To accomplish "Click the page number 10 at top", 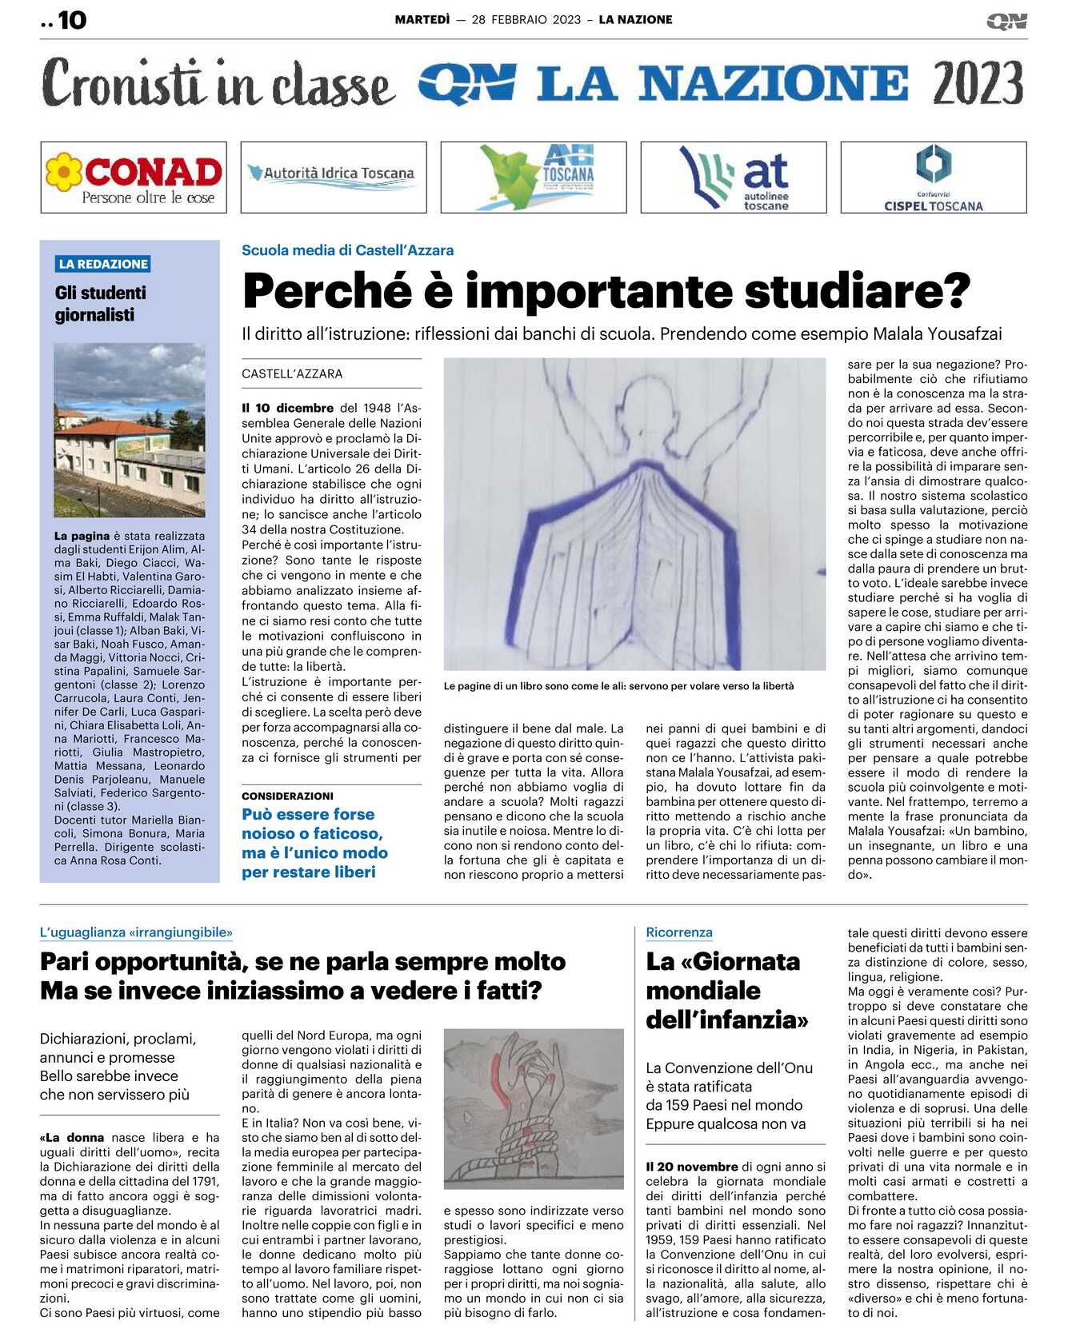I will click(71, 20).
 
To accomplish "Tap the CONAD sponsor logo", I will click(134, 178).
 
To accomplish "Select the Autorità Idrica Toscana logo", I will click(334, 178).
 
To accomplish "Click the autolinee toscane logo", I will click(734, 178).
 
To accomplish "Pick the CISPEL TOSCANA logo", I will click(934, 178).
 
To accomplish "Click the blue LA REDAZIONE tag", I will click(103, 264).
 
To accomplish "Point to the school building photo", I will click(129, 429).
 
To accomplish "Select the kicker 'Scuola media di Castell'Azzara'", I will click(347, 250).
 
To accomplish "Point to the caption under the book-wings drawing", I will click(618, 686).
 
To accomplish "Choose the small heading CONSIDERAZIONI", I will click(287, 796).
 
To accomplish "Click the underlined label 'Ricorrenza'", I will click(678, 932).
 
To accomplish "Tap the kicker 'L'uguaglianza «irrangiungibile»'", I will click(136, 932).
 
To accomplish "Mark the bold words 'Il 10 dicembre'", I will click(288, 408).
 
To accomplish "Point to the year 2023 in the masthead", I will click(977, 84).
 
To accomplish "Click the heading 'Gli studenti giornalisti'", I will click(101, 304).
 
